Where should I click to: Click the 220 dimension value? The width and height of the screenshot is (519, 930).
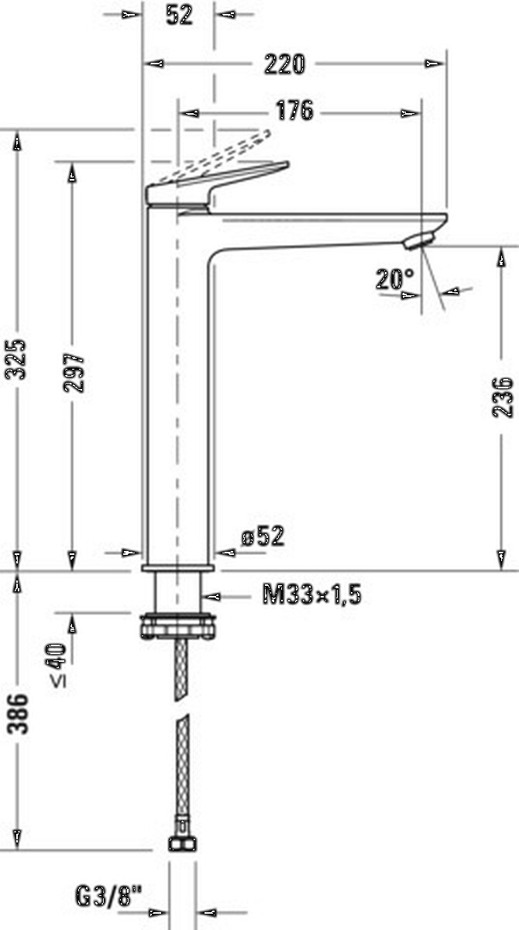284,64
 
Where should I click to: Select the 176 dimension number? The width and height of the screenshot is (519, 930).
294,110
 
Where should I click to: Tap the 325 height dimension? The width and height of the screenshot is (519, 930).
15,359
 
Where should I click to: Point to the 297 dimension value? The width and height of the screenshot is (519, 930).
74,373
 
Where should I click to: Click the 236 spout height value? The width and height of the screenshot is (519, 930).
503,397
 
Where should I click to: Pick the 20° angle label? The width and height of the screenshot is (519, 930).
395,279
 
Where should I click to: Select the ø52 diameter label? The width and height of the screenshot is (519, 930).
263,536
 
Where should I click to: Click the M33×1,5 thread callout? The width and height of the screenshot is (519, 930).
312,594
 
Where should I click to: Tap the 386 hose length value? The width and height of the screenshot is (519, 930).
17,714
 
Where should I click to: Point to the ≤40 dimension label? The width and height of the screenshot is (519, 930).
58,665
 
